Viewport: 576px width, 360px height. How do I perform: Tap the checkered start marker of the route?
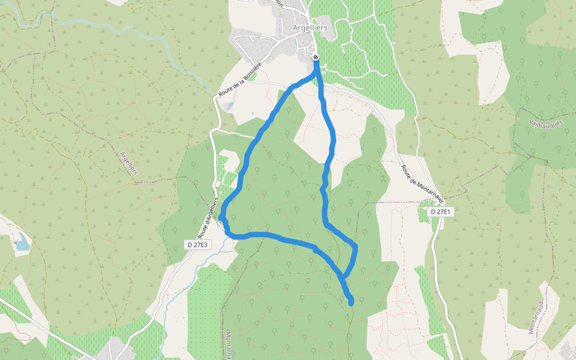point(316,58)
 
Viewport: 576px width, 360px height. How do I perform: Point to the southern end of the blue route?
point(351,302)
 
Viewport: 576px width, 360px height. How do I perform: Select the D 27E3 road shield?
point(197,245)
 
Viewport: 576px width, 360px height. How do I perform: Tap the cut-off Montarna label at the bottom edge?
point(229,345)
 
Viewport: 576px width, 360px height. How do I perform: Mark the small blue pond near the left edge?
point(22,243)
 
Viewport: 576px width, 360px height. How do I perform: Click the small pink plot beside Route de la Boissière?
point(227,106)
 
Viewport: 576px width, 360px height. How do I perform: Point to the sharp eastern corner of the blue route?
point(356,245)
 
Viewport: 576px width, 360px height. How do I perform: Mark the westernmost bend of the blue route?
point(221,217)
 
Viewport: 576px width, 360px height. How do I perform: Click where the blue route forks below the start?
point(317,75)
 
